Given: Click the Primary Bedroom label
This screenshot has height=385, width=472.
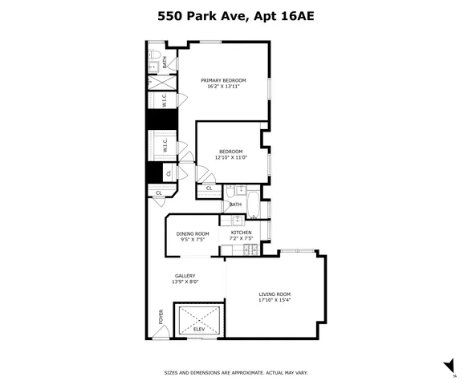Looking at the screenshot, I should click(x=223, y=79).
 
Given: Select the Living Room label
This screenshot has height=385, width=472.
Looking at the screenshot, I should click(x=275, y=294).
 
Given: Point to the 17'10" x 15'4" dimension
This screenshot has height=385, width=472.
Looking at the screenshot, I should click(x=275, y=300).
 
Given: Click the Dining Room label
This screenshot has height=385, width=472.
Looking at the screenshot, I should click(x=193, y=233).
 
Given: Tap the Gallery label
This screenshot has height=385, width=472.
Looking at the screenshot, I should click(x=185, y=275).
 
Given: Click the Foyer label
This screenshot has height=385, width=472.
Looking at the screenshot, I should click(x=161, y=317).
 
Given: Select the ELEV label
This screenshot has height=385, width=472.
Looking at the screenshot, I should click(x=198, y=330).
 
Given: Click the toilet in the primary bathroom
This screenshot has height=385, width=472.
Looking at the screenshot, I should click(x=154, y=67).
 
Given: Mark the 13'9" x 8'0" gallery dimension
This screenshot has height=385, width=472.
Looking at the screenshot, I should click(x=185, y=282).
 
